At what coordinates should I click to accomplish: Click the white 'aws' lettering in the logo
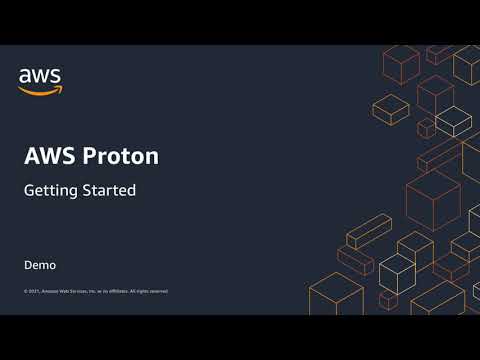[40, 76]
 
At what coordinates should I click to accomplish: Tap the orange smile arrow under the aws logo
[40, 89]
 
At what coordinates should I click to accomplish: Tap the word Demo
[40, 266]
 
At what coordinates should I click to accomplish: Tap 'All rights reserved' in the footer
[149, 291]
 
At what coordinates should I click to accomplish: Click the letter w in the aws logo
[40, 76]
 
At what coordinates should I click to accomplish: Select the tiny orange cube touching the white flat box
[426, 127]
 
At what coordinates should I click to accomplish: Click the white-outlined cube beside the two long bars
[396, 270]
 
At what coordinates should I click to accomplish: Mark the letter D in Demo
[29, 266]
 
